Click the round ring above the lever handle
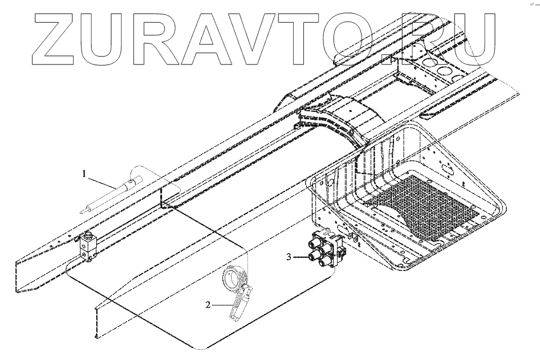(x=234, y=279)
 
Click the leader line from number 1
(x=105, y=181)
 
